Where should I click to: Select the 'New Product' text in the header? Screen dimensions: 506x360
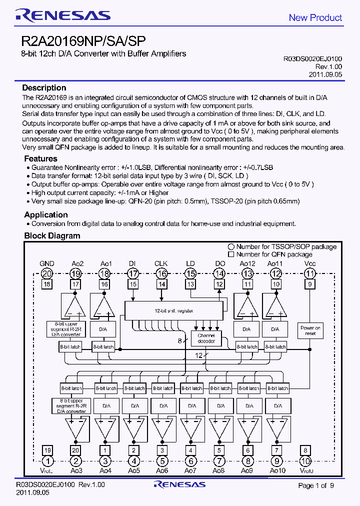(x=315, y=18)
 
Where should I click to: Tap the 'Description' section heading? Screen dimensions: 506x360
(x=44, y=88)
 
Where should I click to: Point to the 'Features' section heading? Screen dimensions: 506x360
(x=40, y=158)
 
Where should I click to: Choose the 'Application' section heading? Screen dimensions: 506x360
(x=46, y=214)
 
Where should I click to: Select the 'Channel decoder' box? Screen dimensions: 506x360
(x=206, y=338)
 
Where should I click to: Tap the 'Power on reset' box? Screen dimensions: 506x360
(x=310, y=331)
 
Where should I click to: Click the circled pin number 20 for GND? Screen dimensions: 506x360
(x=47, y=273)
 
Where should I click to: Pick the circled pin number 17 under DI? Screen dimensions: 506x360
(x=133, y=273)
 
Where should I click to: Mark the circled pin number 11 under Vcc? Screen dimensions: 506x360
(x=310, y=273)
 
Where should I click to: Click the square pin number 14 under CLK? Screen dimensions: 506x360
(x=161, y=284)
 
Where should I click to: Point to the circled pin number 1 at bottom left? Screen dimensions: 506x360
(x=47, y=461)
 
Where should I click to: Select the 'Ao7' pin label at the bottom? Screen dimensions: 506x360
(x=190, y=471)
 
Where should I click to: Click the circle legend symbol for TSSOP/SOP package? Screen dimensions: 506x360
(x=231, y=246)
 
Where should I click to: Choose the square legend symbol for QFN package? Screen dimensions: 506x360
(x=231, y=254)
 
